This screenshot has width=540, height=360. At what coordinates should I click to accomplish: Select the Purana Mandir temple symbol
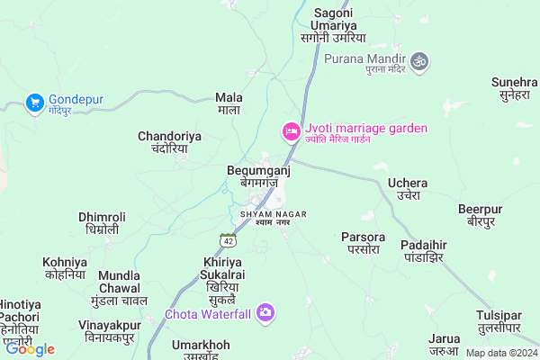(x=419, y=61)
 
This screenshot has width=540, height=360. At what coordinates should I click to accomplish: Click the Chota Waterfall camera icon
(x=265, y=312)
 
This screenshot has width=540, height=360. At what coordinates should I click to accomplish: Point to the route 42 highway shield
(x=229, y=239)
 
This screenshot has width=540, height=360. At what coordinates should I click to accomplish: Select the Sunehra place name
(x=515, y=88)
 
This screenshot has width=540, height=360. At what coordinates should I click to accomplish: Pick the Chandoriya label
(x=169, y=142)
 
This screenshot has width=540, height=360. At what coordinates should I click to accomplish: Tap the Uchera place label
(x=408, y=189)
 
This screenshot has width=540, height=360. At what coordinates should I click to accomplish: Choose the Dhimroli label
(x=103, y=223)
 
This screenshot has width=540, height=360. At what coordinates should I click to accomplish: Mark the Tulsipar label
(x=499, y=321)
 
